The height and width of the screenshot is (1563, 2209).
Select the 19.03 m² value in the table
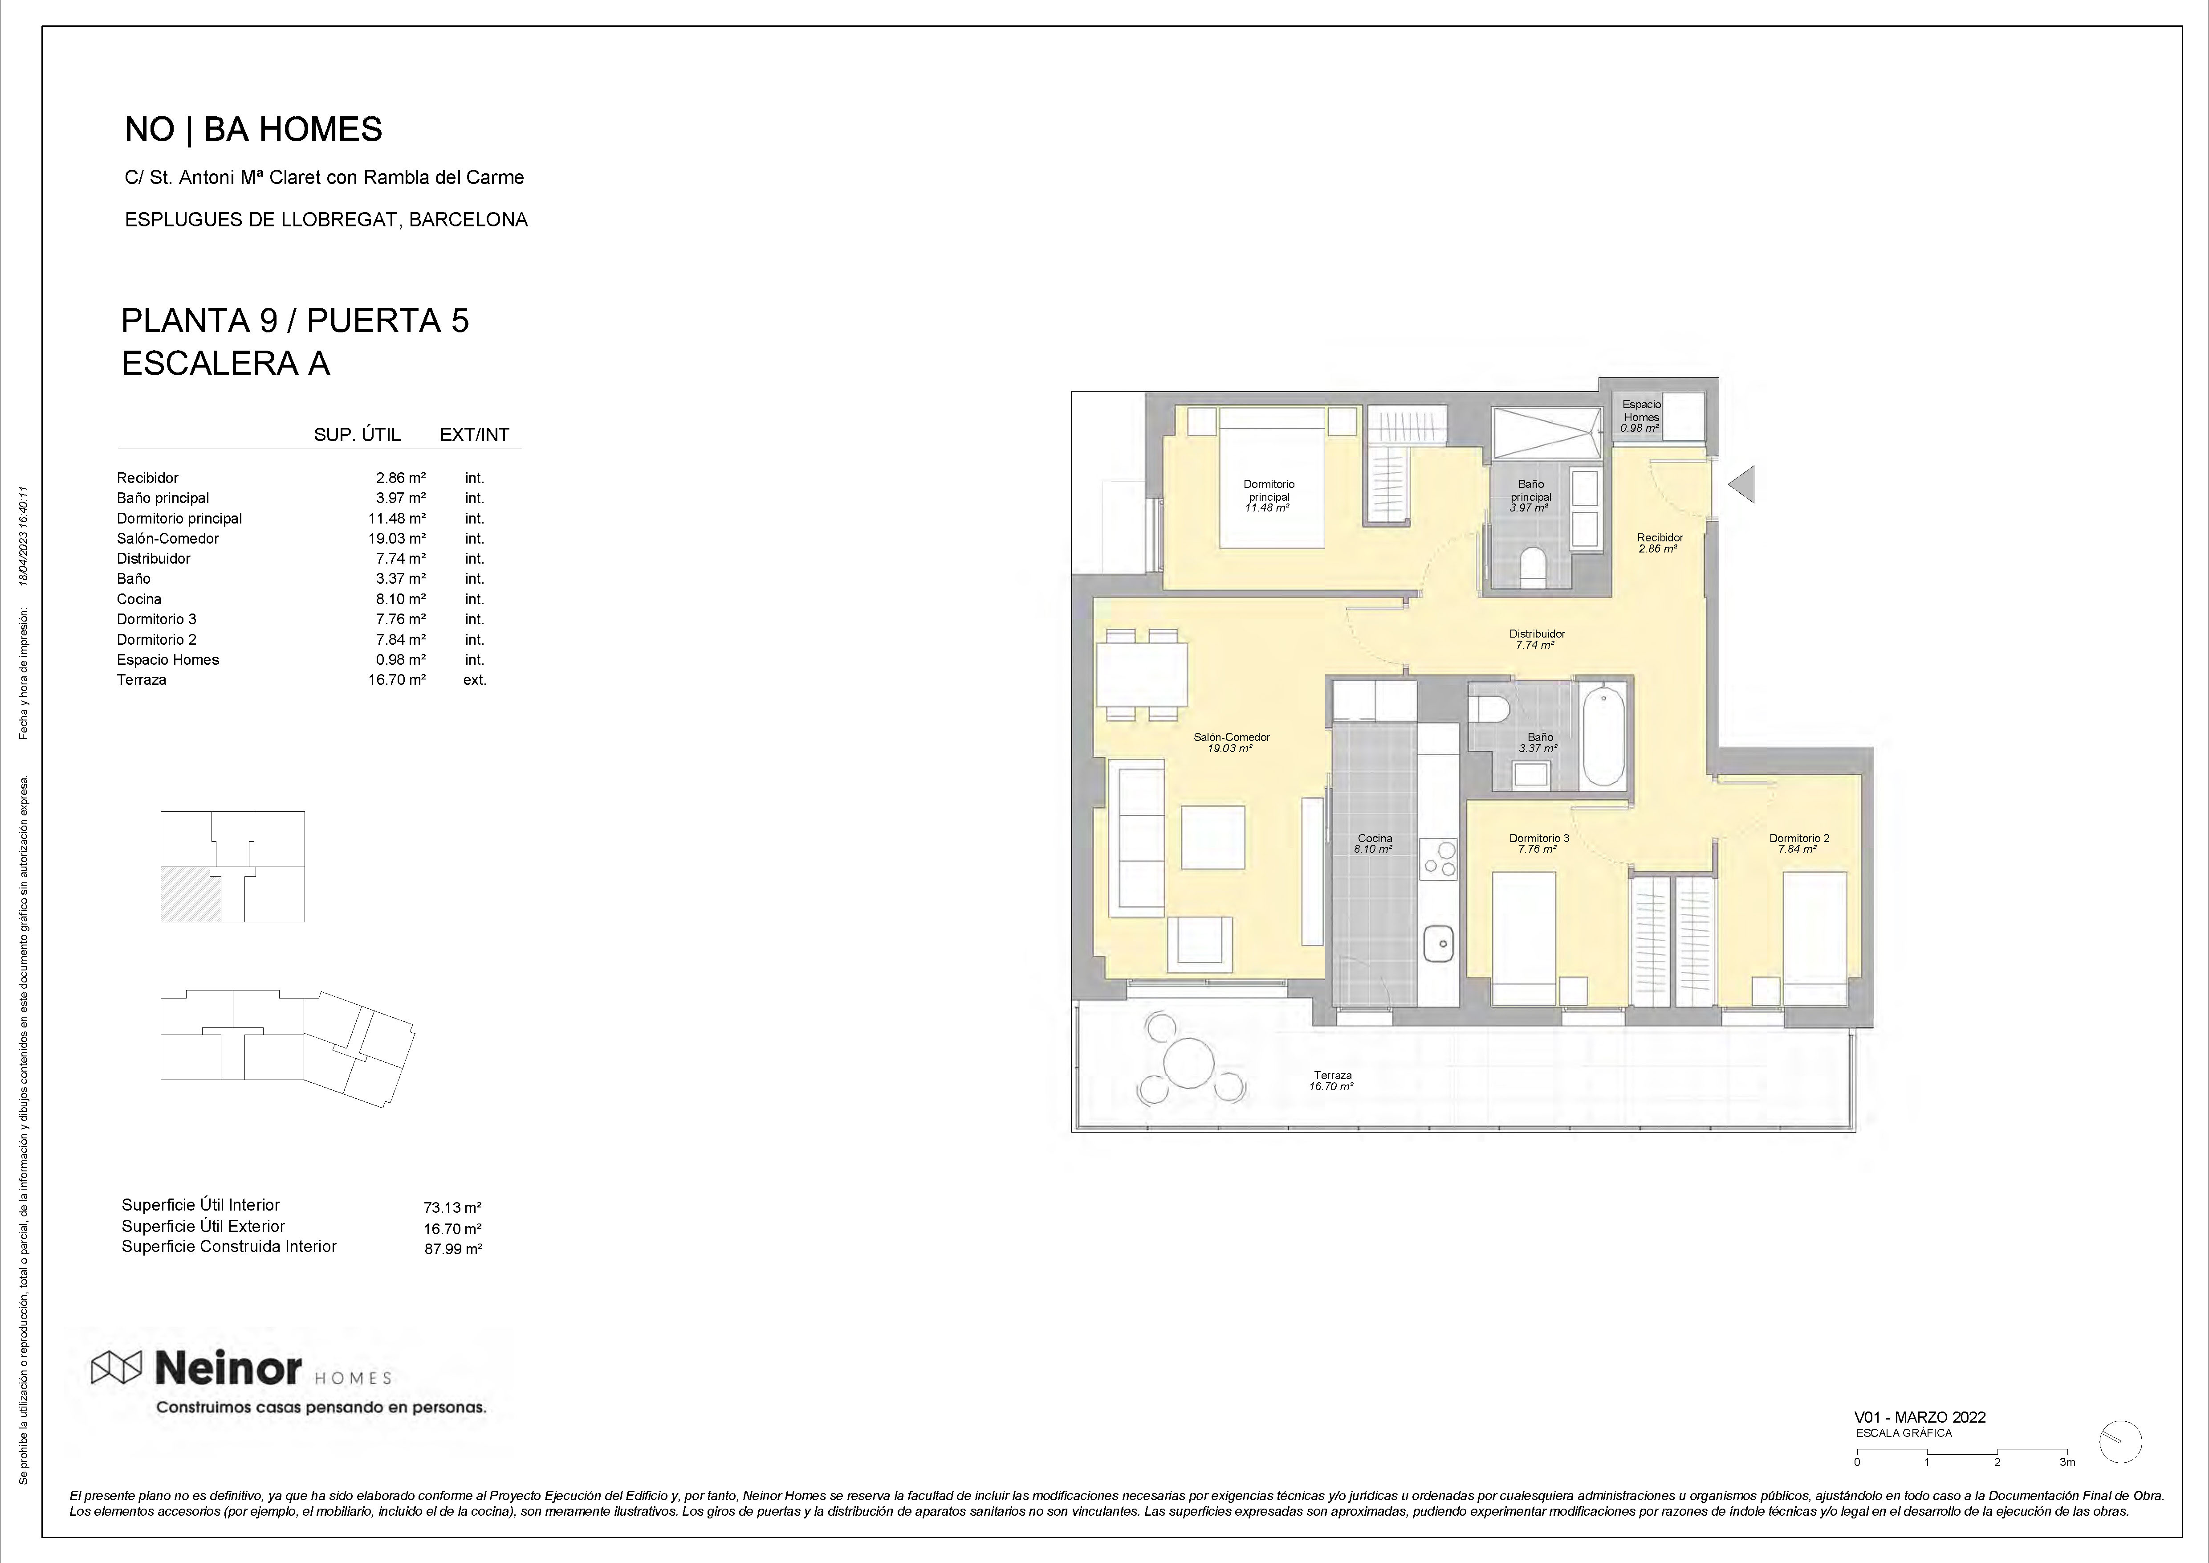tap(396, 538)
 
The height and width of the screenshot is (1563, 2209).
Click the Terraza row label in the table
tap(142, 679)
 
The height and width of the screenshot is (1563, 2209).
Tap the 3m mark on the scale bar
tap(2067, 1488)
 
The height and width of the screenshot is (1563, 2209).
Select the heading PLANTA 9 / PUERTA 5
tap(295, 320)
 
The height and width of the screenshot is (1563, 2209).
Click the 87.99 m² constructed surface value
tap(452, 1249)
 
